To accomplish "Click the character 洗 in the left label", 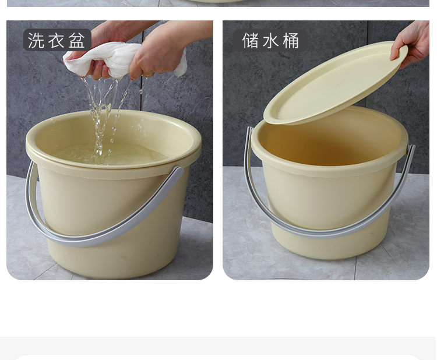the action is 36,40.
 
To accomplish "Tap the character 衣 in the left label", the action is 57,40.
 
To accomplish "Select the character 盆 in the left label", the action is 77,40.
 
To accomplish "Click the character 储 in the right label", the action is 251,41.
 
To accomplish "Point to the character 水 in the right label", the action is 270,41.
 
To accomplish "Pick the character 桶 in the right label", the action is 291,41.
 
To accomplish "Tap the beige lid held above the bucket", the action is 334,83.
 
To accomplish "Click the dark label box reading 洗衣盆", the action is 58,40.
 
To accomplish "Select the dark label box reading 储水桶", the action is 270,41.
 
